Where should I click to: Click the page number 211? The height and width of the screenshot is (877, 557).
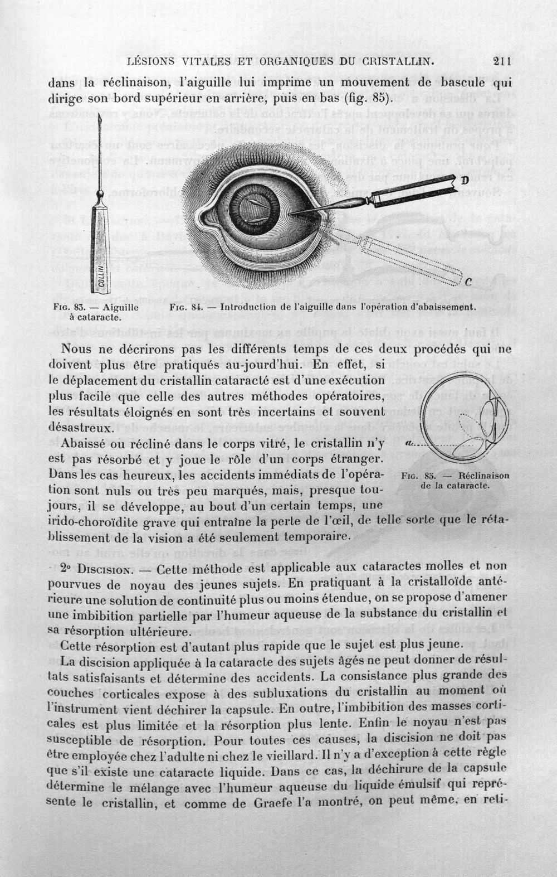(502, 61)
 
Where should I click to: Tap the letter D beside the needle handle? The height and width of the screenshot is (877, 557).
(465, 181)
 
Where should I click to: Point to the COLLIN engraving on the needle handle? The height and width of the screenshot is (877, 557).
(100, 277)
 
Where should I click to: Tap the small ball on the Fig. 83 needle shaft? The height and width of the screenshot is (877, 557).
(101, 194)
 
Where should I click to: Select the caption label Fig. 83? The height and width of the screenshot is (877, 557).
(66, 308)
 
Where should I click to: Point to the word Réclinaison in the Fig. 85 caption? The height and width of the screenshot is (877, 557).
(484, 476)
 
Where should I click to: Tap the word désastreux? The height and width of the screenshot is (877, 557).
(80, 428)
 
